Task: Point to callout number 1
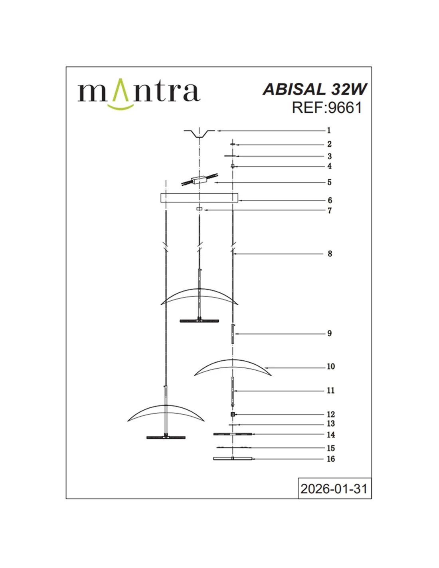pyautogui.click(x=329, y=130)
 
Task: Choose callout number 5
pyautogui.click(x=329, y=182)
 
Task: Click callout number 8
pyautogui.click(x=330, y=254)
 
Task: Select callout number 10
pyautogui.click(x=330, y=366)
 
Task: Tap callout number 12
pyautogui.click(x=330, y=414)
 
